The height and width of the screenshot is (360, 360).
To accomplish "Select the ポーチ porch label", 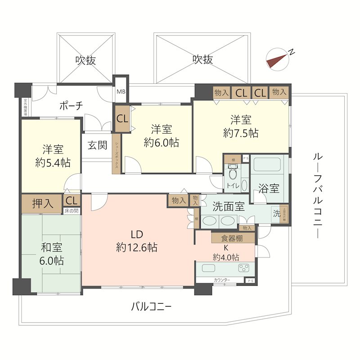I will pos(71,106).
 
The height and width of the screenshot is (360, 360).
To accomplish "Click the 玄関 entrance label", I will pos(97,146).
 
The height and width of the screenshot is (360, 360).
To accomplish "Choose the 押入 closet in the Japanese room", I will pos(43,204).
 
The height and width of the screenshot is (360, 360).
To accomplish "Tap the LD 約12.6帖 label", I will pos(136,240).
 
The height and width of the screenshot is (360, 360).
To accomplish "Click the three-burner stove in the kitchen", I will pos(243,269).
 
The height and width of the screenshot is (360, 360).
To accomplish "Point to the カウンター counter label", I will pos(222,280).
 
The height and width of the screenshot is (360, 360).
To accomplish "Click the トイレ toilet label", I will pos(233,185).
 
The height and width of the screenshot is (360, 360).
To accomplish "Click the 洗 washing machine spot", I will pos(276,214).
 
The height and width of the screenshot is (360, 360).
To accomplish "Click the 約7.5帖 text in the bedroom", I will pos(241,133).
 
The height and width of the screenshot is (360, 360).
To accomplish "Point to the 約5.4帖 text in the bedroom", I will pos(53,162).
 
